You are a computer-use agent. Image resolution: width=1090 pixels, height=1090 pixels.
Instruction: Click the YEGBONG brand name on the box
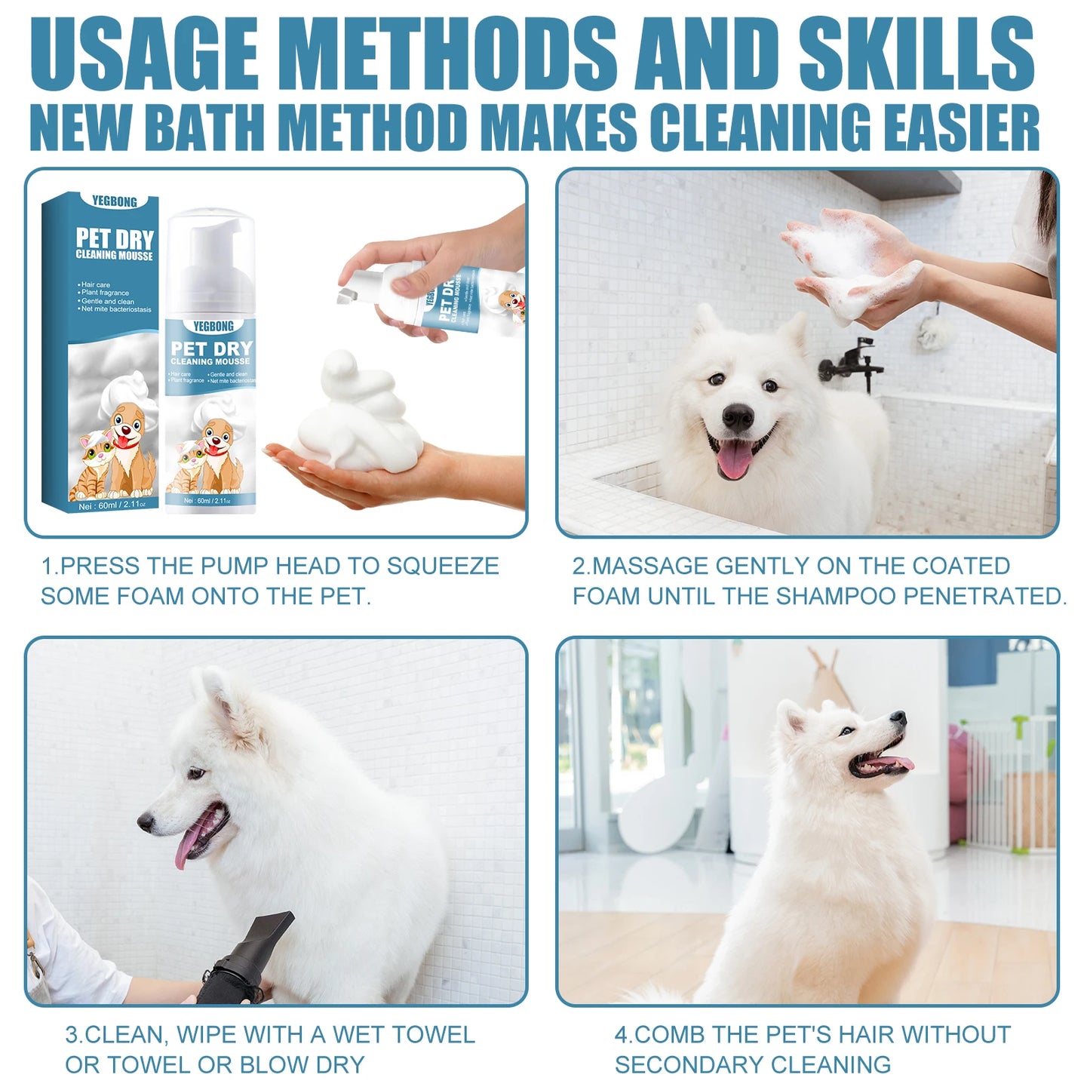[x=115, y=201]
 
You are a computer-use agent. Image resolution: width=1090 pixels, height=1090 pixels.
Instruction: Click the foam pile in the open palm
[x=361, y=419]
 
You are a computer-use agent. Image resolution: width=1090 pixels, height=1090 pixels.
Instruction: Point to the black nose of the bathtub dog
[x=737, y=416]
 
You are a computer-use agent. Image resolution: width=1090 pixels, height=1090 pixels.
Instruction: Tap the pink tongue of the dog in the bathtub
[x=733, y=458]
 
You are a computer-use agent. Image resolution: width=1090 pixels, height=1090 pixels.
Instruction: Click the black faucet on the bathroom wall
[x=852, y=366]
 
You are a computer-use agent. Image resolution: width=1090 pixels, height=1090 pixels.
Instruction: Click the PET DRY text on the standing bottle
[x=211, y=348]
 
